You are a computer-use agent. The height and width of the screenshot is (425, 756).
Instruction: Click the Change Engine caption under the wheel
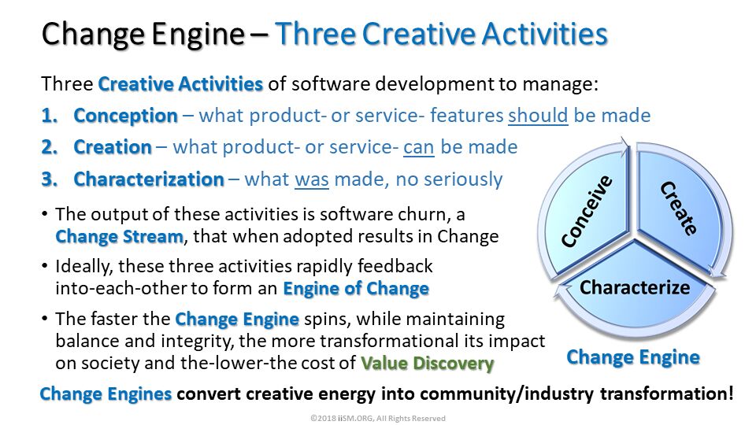point(633,357)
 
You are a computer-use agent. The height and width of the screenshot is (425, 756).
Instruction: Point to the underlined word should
point(538,116)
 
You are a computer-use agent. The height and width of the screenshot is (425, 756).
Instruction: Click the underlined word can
point(418,147)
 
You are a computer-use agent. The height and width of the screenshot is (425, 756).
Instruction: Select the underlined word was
point(312,179)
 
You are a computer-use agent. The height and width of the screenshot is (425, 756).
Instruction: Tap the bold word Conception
point(126,116)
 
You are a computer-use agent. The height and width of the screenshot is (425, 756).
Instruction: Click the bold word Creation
point(113,147)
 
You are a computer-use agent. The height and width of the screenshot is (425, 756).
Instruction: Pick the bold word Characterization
point(149,179)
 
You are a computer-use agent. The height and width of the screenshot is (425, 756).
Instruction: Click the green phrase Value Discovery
point(427,363)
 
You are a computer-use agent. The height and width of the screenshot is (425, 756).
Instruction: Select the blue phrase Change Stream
point(119,237)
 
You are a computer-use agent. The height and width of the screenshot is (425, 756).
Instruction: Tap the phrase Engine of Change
point(356,288)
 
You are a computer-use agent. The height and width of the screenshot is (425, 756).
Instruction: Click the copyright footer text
point(377,418)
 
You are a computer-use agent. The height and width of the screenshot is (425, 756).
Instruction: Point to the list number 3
point(49,179)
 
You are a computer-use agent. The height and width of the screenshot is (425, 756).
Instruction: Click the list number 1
point(49,116)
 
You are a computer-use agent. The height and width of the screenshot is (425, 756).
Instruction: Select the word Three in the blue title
point(315,34)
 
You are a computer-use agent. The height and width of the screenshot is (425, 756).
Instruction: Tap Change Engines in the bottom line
point(106,394)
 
